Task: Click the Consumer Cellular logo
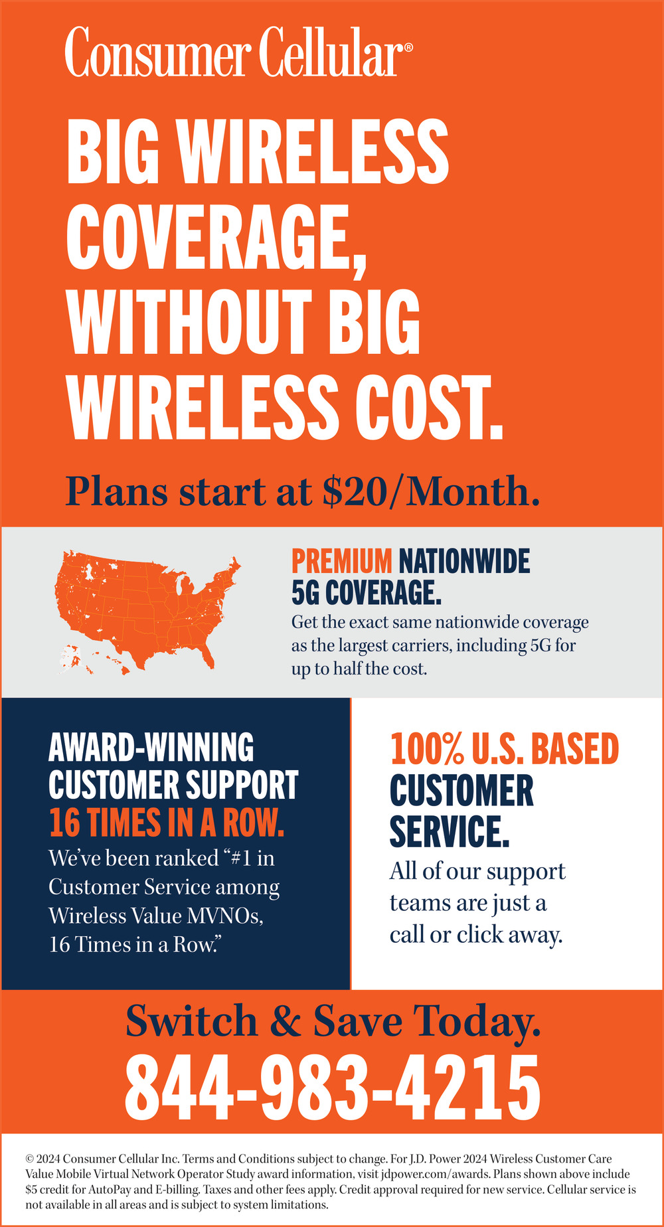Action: point(238,52)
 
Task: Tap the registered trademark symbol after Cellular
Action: point(408,48)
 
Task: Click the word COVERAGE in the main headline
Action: point(217,236)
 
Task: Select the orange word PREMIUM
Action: point(342,561)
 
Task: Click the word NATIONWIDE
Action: point(464,561)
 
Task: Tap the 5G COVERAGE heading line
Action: point(367,592)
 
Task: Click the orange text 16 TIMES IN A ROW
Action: point(167,823)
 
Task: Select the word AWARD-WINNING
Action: point(151,748)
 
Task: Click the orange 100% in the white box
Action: point(426,749)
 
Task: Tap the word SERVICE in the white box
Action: point(450,831)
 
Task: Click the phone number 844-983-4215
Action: point(333,1090)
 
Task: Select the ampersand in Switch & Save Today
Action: point(286,1021)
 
